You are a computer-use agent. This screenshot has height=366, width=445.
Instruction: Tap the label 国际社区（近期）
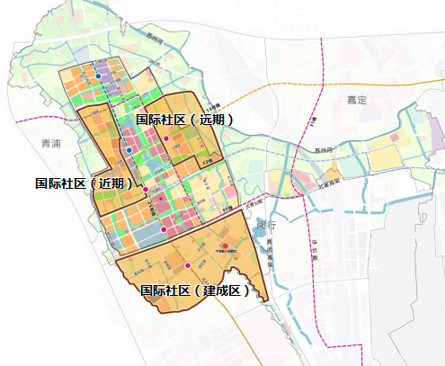pyautogui.click(x=85, y=183)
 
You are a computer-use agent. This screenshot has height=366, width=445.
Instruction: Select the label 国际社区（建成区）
pyautogui.click(x=195, y=290)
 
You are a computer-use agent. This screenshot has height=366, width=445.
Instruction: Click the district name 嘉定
pyautogui.click(x=358, y=100)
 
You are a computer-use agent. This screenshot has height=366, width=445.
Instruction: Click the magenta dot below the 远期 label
pyautogui.click(x=166, y=138)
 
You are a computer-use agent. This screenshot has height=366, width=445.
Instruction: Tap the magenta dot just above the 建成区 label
pyautogui.click(x=187, y=266)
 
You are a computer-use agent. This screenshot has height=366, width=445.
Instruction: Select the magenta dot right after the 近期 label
pyautogui.click(x=146, y=189)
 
